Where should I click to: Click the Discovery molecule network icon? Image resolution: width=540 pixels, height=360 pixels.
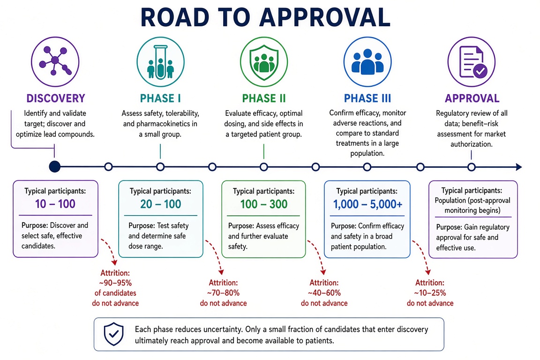pyautogui.click(x=55, y=62)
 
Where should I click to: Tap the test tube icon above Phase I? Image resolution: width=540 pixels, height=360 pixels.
pyautogui.click(x=160, y=62)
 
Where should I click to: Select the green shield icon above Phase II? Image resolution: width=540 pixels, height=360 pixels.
pyautogui.click(x=264, y=62)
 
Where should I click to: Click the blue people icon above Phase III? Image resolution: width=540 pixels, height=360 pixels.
pyautogui.click(x=367, y=62)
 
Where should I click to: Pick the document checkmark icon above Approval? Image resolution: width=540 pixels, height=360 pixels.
pyautogui.click(x=472, y=62)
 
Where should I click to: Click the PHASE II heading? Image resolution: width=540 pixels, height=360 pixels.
pyautogui.click(x=264, y=98)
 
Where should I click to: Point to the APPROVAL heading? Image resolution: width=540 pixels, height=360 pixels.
pyautogui.click(x=472, y=98)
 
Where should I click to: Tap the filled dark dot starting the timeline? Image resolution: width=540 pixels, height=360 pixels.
pyautogui.click(x=54, y=167)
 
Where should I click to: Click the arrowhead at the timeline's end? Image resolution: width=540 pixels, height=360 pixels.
pyautogui.click(x=518, y=167)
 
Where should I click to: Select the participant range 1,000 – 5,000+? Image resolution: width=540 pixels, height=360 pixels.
pyautogui.click(x=367, y=204)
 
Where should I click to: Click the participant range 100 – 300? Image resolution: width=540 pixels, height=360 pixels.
pyautogui.click(x=264, y=204)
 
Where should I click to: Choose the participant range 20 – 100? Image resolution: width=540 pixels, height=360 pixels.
pyautogui.click(x=160, y=204)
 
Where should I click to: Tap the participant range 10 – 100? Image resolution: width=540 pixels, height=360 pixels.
pyautogui.click(x=55, y=204)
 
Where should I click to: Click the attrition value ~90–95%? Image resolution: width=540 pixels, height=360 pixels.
pyautogui.click(x=115, y=283)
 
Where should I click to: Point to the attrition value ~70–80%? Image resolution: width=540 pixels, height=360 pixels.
pyautogui.click(x=223, y=293)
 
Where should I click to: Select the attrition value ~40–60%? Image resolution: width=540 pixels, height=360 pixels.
pyautogui.click(x=324, y=293)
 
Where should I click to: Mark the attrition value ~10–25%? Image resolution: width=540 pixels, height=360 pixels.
pyautogui.click(x=430, y=293)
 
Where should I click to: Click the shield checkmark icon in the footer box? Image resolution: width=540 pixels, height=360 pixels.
pyautogui.click(x=113, y=334)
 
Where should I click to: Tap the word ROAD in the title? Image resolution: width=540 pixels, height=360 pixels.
pyautogui.click(x=175, y=17)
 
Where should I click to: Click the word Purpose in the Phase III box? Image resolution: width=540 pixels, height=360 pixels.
pyautogui.click(x=343, y=226)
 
